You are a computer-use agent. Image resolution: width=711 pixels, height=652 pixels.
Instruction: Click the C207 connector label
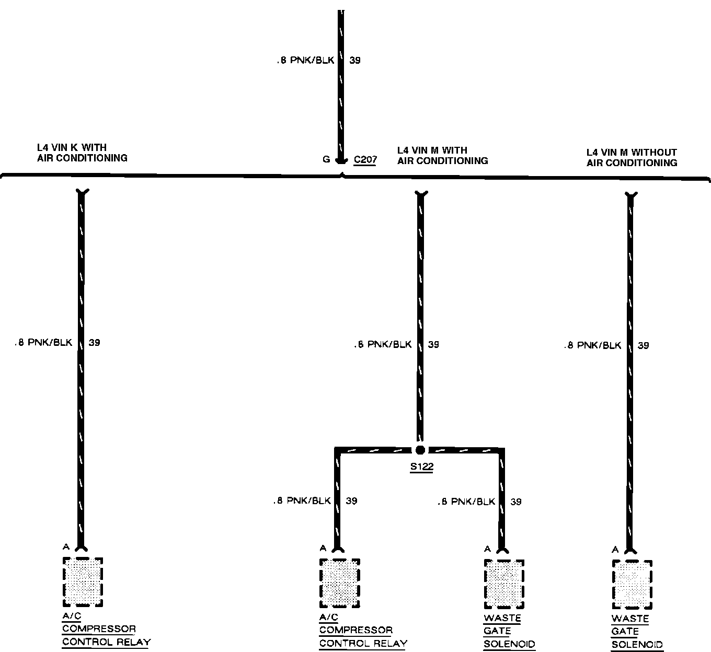click(365, 159)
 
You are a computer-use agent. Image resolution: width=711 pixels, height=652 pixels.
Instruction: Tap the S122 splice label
click(421, 467)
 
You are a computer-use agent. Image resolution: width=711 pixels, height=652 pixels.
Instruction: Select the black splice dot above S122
click(420, 450)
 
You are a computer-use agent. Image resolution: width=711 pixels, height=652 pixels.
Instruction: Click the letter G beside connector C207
click(326, 159)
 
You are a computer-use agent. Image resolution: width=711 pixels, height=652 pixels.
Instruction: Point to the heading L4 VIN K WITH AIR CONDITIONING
click(82, 153)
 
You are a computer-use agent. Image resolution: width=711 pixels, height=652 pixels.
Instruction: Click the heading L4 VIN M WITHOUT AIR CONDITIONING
click(632, 157)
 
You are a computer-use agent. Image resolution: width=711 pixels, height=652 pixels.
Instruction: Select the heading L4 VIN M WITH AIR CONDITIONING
click(442, 155)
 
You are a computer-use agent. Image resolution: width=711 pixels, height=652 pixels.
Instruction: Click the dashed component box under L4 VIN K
click(83, 581)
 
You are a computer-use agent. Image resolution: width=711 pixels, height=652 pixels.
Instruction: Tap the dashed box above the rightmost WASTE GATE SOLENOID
click(632, 584)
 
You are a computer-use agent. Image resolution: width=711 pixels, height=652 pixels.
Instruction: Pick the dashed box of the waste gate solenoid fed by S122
click(503, 584)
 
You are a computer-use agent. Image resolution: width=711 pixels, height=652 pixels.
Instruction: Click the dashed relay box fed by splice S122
click(339, 583)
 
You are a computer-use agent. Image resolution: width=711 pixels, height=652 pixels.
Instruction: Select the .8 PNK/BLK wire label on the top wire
click(305, 61)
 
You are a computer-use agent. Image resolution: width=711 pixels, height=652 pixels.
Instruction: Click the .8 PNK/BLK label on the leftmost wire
click(43, 343)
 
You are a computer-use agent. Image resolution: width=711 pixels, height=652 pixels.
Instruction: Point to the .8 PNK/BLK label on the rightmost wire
click(592, 345)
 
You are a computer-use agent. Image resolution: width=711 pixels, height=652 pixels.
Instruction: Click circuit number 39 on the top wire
click(355, 61)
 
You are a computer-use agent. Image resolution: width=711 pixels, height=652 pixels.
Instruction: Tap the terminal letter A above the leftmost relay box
click(66, 547)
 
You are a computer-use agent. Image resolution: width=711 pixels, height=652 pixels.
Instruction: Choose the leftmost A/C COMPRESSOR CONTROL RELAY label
click(106, 629)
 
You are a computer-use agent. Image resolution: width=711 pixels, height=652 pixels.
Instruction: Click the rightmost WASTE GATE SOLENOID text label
click(637, 632)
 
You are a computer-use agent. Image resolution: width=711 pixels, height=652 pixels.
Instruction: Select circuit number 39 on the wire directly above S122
click(433, 345)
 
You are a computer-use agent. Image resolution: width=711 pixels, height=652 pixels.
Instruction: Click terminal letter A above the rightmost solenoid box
click(615, 549)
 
